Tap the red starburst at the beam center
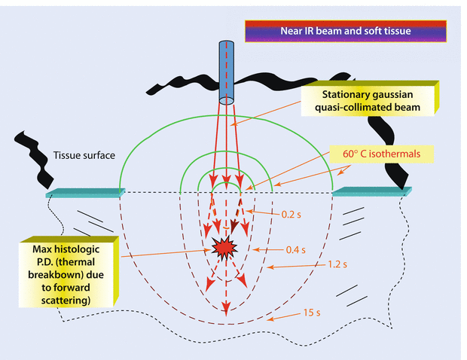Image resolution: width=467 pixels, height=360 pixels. click(x=224, y=247)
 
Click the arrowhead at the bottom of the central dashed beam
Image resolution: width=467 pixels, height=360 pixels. click(x=225, y=307)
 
